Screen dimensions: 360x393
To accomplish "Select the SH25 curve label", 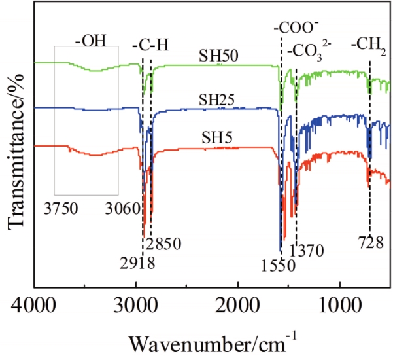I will click(218, 100).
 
